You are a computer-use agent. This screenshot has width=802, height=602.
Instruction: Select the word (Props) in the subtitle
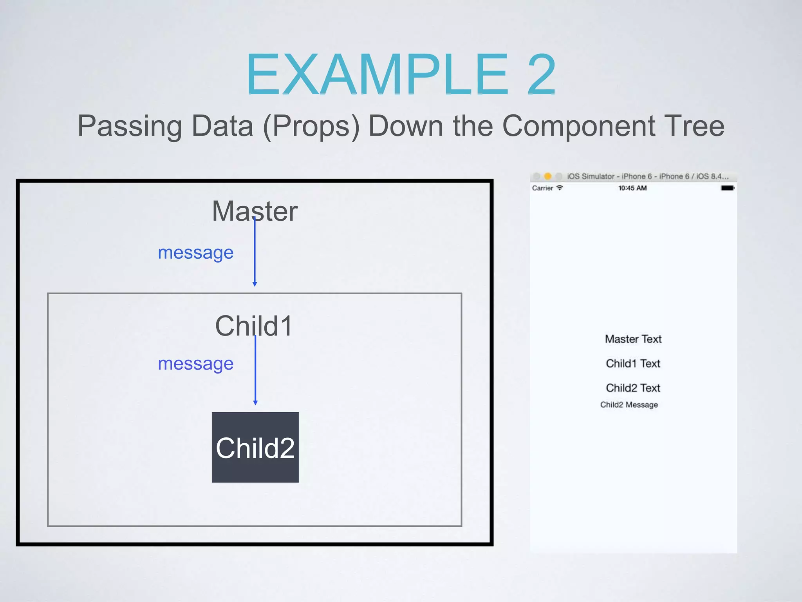point(311,126)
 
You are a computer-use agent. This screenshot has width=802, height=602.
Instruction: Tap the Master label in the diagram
point(255,211)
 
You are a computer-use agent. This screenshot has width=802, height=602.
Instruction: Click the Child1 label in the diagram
point(254,326)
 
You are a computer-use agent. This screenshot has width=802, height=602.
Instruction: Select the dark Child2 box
point(255,447)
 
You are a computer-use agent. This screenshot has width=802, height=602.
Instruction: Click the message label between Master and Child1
point(195,253)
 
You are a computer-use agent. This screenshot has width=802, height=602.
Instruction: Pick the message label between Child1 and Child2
point(195,364)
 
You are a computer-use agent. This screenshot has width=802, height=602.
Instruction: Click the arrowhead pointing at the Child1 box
point(255,284)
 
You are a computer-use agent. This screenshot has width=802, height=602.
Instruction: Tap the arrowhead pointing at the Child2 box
point(255,403)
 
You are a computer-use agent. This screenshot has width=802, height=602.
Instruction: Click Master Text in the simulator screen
point(633,339)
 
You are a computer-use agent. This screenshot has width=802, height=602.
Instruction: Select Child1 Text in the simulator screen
point(633,363)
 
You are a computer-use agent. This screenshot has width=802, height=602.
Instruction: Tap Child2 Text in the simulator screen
point(633,388)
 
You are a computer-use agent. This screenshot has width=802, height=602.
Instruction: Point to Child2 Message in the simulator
point(629,404)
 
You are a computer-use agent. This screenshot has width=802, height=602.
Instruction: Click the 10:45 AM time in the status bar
point(632,188)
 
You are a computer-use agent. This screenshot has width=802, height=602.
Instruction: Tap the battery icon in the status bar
point(727,188)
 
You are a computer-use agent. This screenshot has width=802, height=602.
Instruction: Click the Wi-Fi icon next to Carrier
point(560,188)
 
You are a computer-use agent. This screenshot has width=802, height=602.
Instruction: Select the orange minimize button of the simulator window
point(548,176)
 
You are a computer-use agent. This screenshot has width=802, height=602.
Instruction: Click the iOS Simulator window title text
point(648,176)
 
